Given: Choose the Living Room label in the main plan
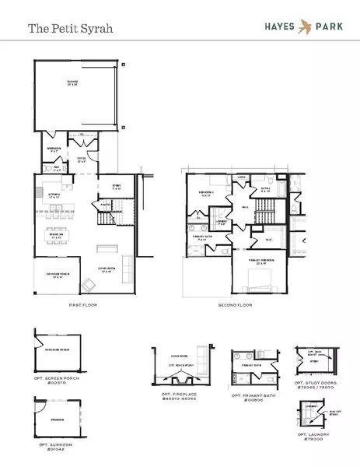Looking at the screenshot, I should [x=107, y=270].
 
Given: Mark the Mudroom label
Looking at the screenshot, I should [x=54, y=148].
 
